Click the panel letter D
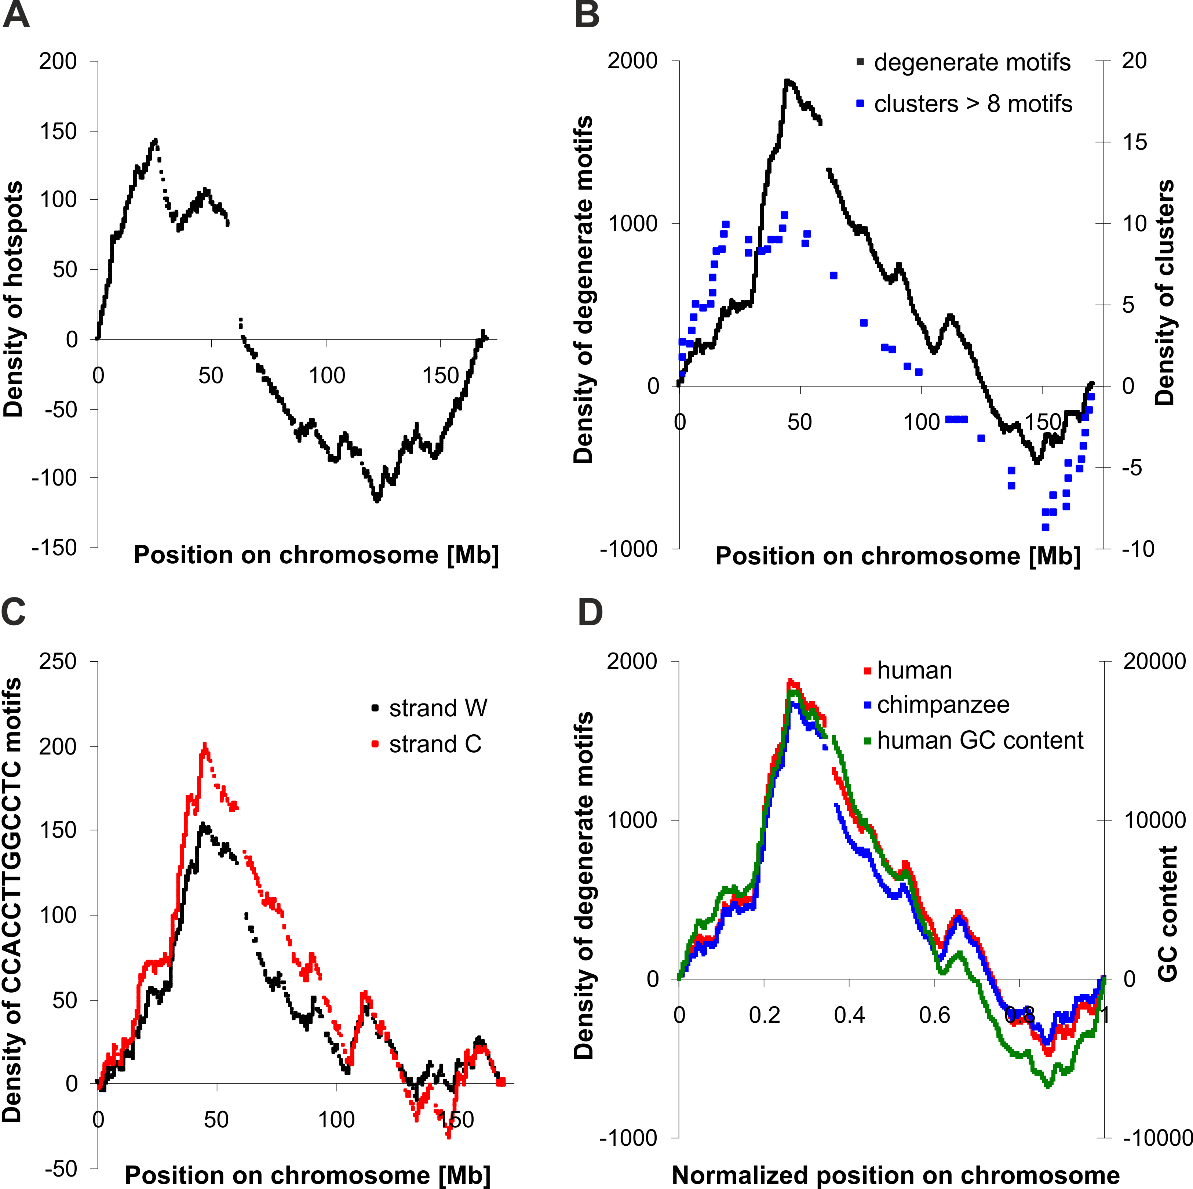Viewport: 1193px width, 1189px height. point(590,613)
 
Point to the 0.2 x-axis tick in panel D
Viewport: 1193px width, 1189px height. point(765,1015)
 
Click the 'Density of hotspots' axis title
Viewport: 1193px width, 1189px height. point(14,299)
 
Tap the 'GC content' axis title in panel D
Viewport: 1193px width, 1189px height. point(1167,914)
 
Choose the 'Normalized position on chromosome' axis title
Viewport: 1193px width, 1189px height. point(895,1175)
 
